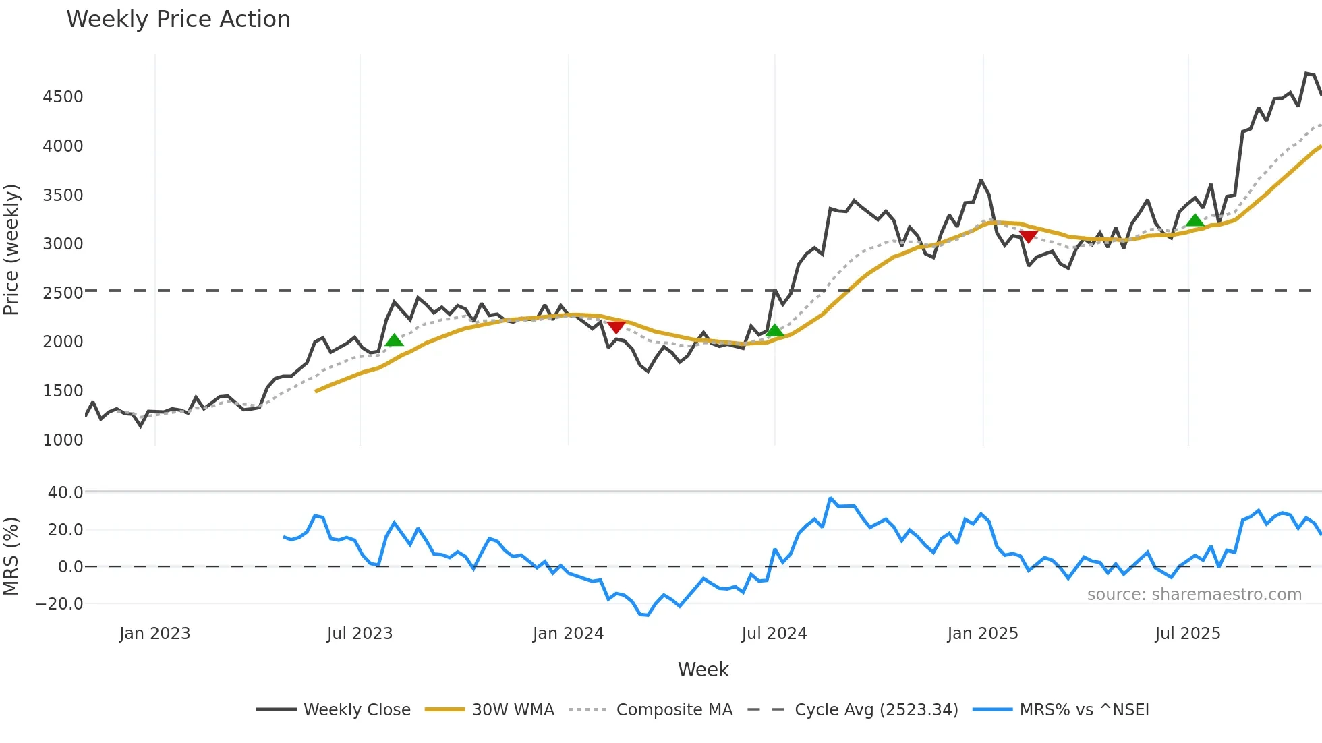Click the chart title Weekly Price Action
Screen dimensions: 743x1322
(178, 20)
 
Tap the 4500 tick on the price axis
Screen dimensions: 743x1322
(63, 97)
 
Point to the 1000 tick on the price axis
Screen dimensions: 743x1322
(63, 440)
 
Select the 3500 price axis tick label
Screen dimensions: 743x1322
(63, 196)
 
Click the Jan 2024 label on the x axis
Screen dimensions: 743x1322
(568, 634)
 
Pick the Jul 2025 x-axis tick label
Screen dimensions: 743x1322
(1187, 634)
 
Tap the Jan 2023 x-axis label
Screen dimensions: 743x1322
(154, 634)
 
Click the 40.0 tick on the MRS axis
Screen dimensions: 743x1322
(65, 493)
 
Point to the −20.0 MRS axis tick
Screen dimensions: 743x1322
(59, 604)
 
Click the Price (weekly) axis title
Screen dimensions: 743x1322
(11, 249)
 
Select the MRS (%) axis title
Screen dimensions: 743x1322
(11, 556)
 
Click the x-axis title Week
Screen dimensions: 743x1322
(703, 670)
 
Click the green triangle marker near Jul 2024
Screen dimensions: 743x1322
(775, 330)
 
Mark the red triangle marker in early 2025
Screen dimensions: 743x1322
(1028, 236)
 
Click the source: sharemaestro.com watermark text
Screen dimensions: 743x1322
(1194, 595)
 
